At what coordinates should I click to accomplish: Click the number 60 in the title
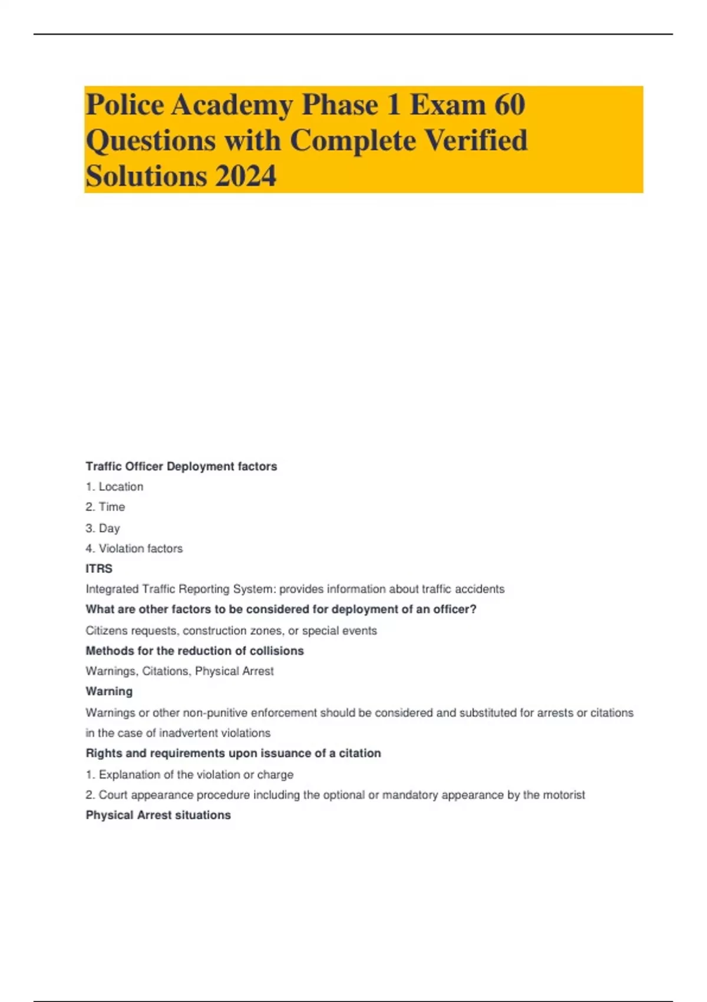[510, 105]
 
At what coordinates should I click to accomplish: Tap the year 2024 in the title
[246, 176]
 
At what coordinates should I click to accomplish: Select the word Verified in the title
[476, 141]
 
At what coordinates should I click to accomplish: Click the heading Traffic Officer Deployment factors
[181, 466]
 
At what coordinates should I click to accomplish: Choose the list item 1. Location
[114, 487]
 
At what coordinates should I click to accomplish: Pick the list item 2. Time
[105, 507]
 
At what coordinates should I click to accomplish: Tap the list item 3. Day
[103, 528]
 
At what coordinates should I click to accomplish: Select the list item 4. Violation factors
[134, 549]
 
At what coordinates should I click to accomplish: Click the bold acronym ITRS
[99, 569]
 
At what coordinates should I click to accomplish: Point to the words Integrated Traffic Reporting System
[180, 589]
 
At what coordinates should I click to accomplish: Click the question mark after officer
[473, 609]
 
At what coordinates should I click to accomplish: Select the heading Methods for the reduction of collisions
[194, 651]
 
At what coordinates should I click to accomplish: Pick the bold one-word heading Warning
[109, 691]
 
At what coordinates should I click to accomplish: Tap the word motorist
[564, 795]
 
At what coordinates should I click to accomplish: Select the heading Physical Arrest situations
[158, 815]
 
